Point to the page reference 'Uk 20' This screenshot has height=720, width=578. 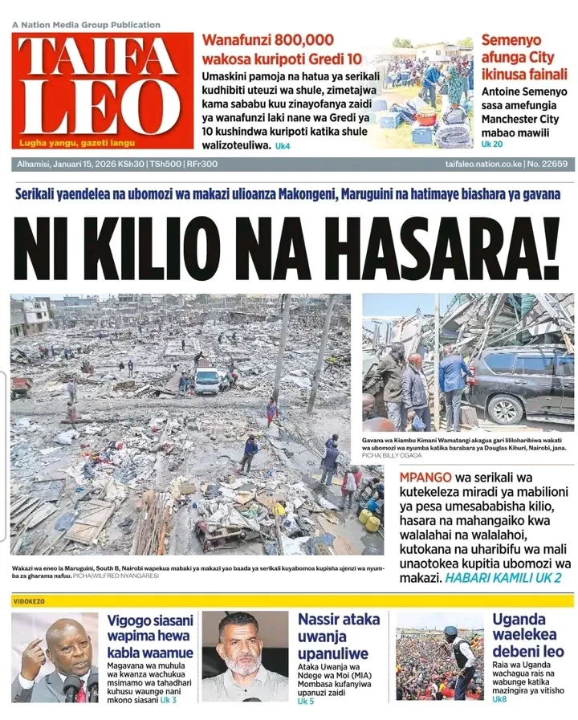492,144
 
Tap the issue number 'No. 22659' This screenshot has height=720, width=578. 548,164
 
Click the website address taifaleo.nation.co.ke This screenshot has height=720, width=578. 482,164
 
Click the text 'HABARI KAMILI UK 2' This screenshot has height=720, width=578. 503,577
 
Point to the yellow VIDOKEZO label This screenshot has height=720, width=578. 29,600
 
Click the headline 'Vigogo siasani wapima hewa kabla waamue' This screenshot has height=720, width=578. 150,636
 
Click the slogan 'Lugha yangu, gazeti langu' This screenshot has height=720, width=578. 78,143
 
